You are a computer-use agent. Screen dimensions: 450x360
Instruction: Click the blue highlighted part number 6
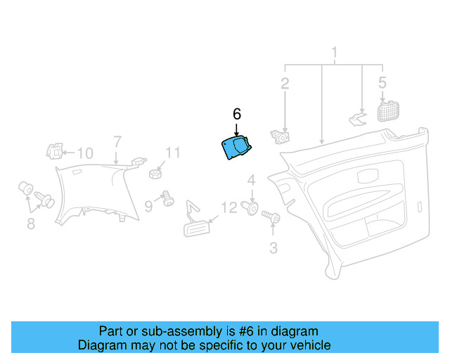[x=236, y=148]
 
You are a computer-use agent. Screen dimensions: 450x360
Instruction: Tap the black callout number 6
[x=237, y=115]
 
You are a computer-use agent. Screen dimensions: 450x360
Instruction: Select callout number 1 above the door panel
[x=335, y=53]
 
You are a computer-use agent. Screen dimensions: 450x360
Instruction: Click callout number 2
[x=285, y=84]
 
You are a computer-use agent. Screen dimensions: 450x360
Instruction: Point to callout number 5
[x=382, y=82]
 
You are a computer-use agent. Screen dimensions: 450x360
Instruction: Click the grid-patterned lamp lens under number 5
[x=388, y=111]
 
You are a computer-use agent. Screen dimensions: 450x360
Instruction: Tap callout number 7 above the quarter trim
[x=117, y=142]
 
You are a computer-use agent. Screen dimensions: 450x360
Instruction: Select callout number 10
[x=85, y=153]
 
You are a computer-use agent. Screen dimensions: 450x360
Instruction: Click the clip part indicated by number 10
[x=55, y=151]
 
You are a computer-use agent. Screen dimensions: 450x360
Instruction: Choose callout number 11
[x=173, y=153]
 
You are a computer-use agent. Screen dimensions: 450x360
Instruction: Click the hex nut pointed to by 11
[x=155, y=174]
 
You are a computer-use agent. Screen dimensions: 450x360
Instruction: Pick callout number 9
[x=148, y=206]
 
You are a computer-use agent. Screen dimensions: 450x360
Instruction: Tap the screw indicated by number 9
[x=168, y=198]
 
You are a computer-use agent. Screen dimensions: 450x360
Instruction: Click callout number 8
[x=31, y=224]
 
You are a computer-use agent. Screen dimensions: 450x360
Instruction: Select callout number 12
[x=229, y=207]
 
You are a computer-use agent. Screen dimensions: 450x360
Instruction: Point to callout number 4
[x=252, y=180]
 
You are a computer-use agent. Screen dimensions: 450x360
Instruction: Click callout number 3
[x=274, y=248]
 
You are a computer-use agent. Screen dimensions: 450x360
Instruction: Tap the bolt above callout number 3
[x=271, y=217]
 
